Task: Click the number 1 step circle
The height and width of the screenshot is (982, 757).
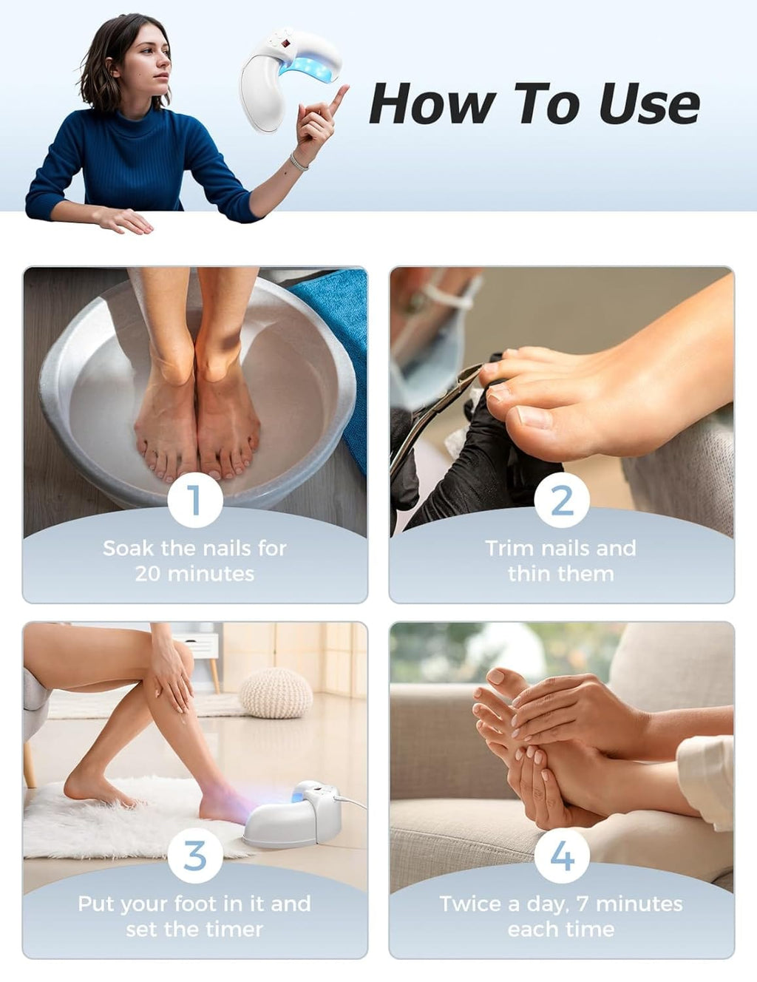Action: [x=195, y=500]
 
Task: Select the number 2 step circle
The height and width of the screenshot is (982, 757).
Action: [x=561, y=500]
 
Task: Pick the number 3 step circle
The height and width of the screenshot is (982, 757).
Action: [x=195, y=856]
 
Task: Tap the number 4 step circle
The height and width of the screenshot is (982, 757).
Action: [x=561, y=856]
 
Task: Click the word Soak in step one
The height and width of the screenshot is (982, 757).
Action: [x=128, y=549]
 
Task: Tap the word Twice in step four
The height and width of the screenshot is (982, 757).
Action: [x=472, y=904]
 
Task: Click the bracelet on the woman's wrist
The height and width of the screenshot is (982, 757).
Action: [x=298, y=162]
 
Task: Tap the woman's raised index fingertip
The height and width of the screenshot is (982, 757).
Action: [x=344, y=88]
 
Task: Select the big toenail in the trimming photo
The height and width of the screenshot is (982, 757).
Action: [x=534, y=418]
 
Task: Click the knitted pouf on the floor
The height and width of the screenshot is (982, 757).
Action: [x=276, y=692]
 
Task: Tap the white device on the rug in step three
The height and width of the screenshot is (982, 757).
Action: [x=293, y=815]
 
